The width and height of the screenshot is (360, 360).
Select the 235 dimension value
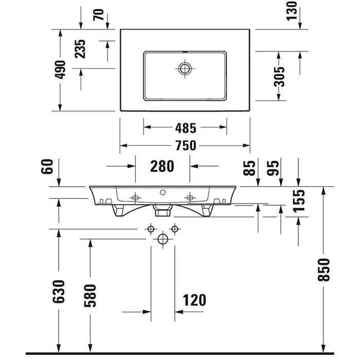coord(81,49)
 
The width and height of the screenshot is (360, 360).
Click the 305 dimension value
coord(279,77)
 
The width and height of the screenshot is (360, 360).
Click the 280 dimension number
coord(163,166)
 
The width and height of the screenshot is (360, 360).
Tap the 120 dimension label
coord(194,300)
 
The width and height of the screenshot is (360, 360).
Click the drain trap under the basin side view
coord(163,210)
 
